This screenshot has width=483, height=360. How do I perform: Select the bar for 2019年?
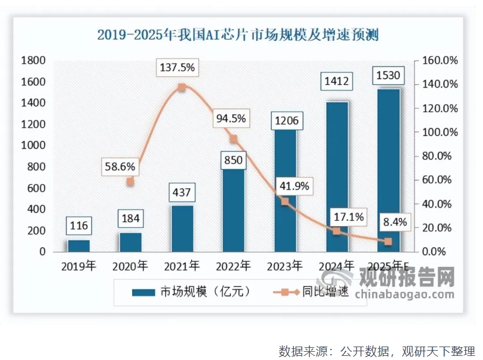pyautogui.click(x=79, y=245)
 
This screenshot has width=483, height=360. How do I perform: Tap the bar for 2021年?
pyautogui.click(x=181, y=229)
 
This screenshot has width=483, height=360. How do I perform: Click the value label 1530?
pyautogui.click(x=388, y=76)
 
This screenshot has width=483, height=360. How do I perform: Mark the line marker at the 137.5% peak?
pyautogui.click(x=182, y=87)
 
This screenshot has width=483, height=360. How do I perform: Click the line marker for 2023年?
pyautogui.click(x=285, y=201)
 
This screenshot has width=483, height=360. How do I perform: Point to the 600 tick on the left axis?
pyautogui.click(x=36, y=188)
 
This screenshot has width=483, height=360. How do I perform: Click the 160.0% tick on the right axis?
pyautogui.click(x=438, y=61)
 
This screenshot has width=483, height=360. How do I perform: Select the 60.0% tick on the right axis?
pyautogui.click(x=440, y=180)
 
